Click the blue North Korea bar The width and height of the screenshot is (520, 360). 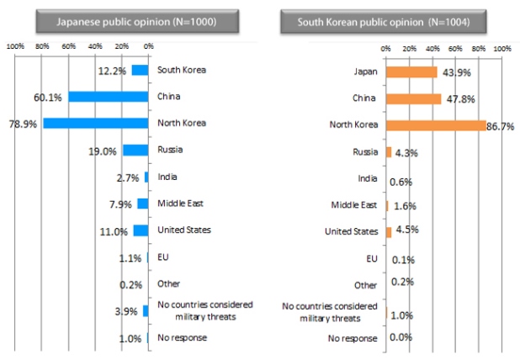(x=96, y=123)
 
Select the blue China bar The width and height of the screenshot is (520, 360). (x=109, y=96)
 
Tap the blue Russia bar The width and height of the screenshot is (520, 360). (x=135, y=150)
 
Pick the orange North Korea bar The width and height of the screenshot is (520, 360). (x=436, y=125)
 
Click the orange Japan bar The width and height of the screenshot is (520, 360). (x=411, y=71)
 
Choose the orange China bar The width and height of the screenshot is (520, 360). (x=413, y=98)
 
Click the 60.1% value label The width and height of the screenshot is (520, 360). (x=50, y=97)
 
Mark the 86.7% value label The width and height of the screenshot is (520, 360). (x=501, y=126)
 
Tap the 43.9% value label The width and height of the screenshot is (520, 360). (x=453, y=72)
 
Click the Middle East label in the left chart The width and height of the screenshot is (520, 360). (x=180, y=203)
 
